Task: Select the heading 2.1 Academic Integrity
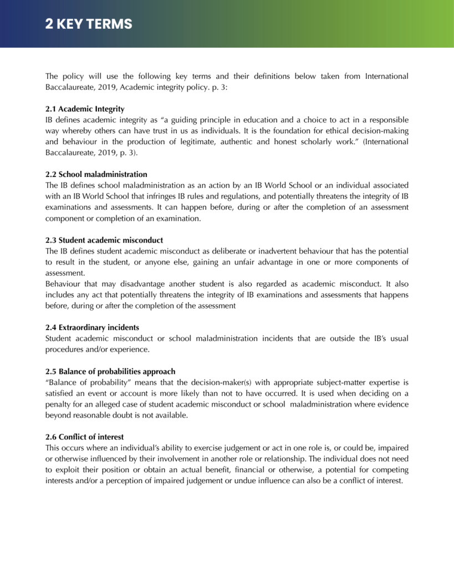85,109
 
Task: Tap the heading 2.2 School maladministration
96,174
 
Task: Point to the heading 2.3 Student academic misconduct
104,240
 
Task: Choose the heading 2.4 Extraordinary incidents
92,327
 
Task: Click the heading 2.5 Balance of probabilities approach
110,371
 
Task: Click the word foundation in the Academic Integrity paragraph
286,131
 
